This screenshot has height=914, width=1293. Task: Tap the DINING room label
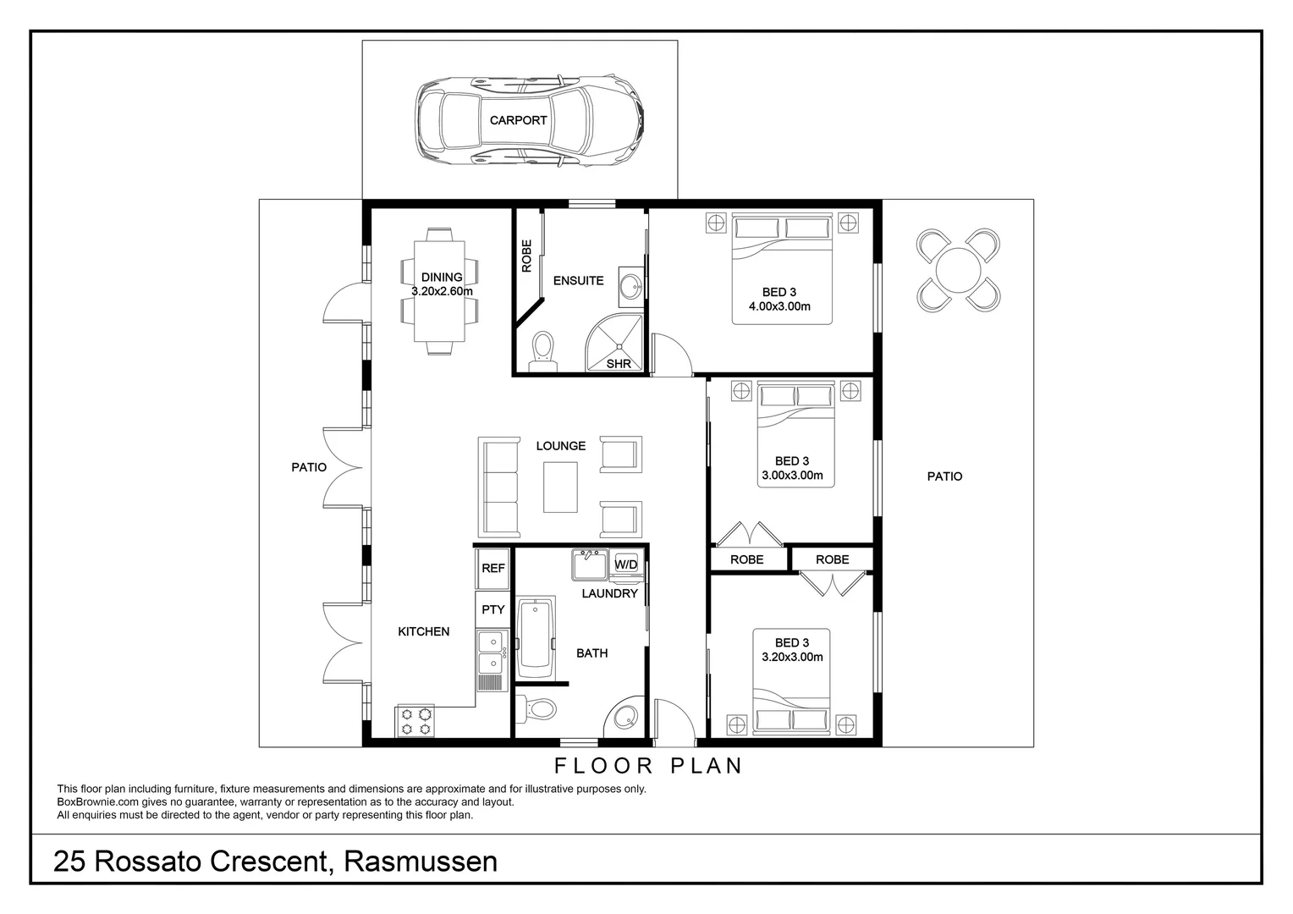click(x=442, y=277)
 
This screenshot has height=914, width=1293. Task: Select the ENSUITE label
click(x=578, y=280)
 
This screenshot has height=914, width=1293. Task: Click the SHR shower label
click(x=619, y=364)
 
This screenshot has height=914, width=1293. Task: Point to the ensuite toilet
click(x=542, y=350)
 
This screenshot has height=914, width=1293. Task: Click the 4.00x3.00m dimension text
click(x=779, y=306)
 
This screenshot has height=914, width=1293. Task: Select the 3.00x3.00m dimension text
click(x=792, y=475)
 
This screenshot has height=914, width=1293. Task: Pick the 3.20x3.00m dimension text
click(x=792, y=657)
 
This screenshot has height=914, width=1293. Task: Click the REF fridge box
click(x=492, y=569)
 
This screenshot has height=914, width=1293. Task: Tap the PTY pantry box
click(x=492, y=609)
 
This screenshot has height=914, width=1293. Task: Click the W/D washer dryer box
click(x=626, y=564)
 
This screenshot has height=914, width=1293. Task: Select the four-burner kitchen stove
click(x=415, y=721)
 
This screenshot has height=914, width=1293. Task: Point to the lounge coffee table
click(x=560, y=487)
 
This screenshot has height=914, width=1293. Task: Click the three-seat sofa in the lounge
click(x=499, y=487)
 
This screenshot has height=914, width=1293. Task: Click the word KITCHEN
click(x=423, y=631)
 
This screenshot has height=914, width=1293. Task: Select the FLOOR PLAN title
click(x=648, y=766)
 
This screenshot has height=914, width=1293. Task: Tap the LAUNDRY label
click(x=609, y=593)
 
